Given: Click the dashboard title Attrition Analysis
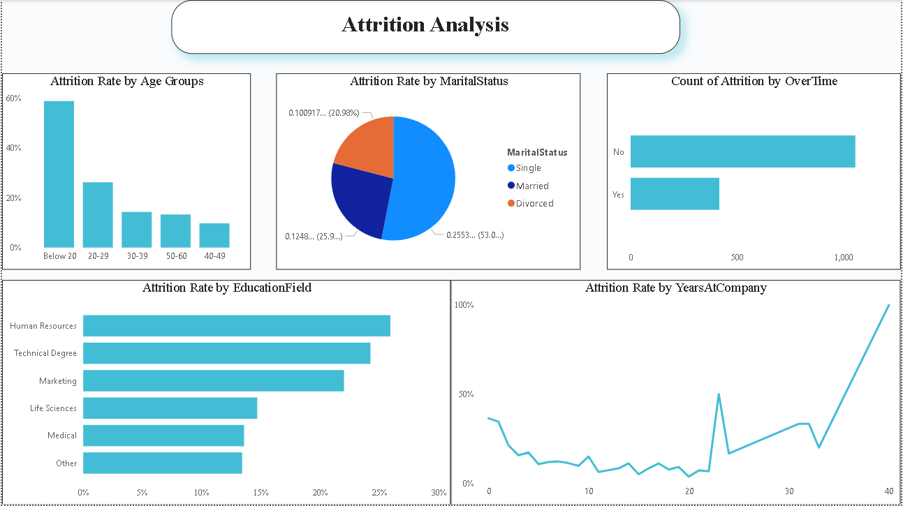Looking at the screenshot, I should click(425, 25).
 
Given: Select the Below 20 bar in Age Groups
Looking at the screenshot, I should click(59, 174).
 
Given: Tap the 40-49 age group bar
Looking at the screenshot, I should click(214, 235).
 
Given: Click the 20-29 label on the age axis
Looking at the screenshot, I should click(98, 256).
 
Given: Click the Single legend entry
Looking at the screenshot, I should click(528, 168).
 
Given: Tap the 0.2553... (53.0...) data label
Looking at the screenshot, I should click(475, 235).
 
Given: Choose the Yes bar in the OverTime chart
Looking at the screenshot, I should click(675, 194).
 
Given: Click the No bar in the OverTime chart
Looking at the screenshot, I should click(742, 151).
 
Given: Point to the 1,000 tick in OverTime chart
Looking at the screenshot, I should click(843, 258).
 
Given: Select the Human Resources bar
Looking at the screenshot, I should click(236, 326).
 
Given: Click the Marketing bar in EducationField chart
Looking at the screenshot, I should click(213, 380).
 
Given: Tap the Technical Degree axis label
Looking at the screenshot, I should click(45, 353).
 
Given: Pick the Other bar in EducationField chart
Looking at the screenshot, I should click(162, 463).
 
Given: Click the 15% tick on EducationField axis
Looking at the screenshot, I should click(260, 493).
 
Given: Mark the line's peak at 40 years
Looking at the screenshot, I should click(889, 305).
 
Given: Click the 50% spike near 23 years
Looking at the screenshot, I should click(719, 394).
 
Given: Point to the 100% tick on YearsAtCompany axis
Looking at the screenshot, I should click(464, 305).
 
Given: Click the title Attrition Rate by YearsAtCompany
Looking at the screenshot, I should click(675, 288).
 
